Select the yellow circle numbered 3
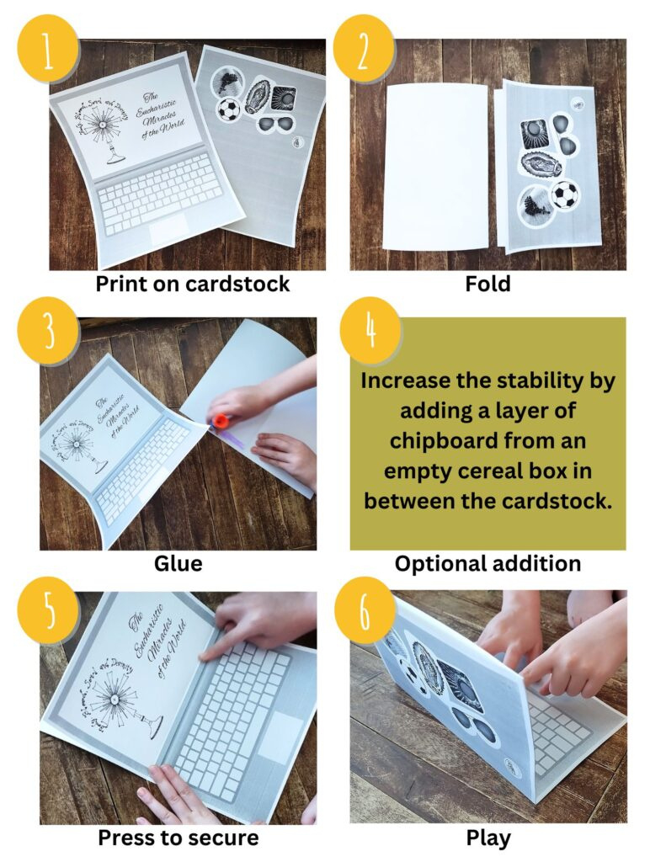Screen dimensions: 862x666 tap(47, 331)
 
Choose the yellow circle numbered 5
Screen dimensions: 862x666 tap(47, 612)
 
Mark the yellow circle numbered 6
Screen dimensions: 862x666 tap(365, 612)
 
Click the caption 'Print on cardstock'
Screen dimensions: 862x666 tap(192, 284)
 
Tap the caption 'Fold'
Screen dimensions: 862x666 tap(488, 284)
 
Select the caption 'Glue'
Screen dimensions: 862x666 tap(178, 563)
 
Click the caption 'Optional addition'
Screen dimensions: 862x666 tap(488, 563)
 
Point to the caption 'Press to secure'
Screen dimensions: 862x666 tap(178, 838)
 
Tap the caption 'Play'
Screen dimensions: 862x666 tap(488, 838)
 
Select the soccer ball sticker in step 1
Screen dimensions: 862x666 tap(228, 109)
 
